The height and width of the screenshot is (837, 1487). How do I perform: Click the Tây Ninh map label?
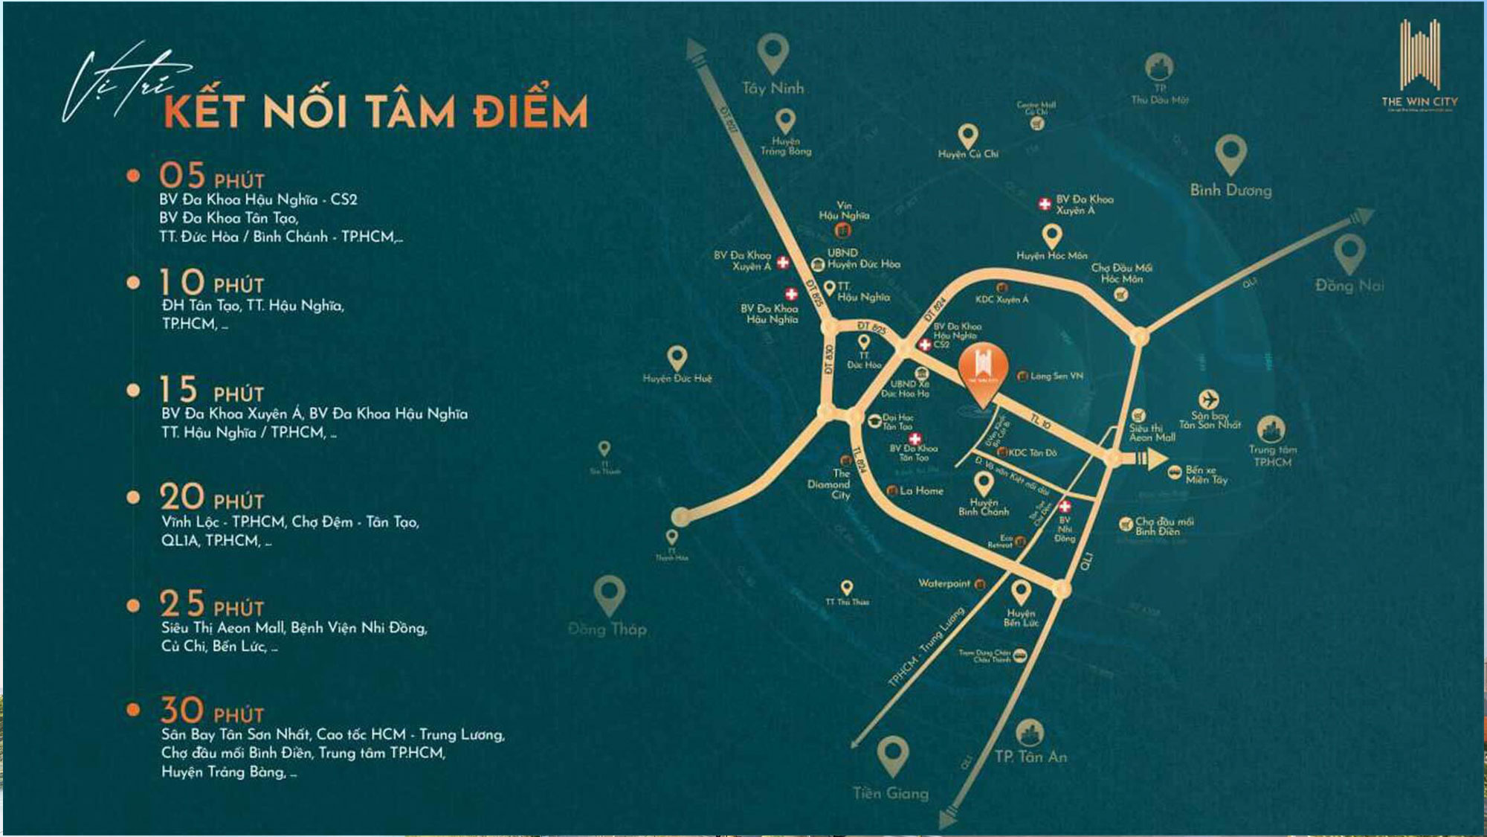point(772,89)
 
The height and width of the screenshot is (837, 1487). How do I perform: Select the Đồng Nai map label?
point(1349,286)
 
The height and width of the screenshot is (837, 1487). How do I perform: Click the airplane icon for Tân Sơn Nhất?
point(1209,400)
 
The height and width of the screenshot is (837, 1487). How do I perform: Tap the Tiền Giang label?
point(890,794)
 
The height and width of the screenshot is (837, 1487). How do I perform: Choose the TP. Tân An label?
point(1030,757)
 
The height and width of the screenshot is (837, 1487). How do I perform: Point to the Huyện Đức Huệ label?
point(677,379)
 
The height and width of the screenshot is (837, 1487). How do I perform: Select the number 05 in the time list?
point(182,176)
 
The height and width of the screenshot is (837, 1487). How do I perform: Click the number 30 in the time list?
point(182,711)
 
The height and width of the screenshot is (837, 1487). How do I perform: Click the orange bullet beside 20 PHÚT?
point(134,497)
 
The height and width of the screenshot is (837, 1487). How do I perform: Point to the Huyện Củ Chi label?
point(968,154)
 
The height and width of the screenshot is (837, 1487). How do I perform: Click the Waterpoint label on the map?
point(944,584)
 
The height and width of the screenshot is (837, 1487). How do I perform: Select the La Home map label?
point(921,491)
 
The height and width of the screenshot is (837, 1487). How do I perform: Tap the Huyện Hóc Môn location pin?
point(1051,236)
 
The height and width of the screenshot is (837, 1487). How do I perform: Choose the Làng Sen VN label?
point(1057,376)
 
